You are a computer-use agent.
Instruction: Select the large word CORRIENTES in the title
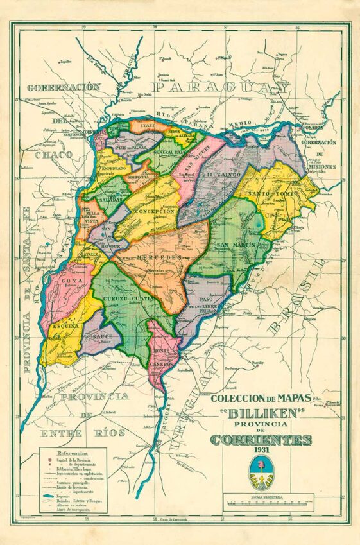coord(261,440)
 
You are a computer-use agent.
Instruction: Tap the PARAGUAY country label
coord(219,87)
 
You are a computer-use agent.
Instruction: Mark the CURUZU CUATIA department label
coord(132,298)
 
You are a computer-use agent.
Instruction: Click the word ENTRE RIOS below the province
coord(82,433)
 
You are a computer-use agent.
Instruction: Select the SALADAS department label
coord(112,200)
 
